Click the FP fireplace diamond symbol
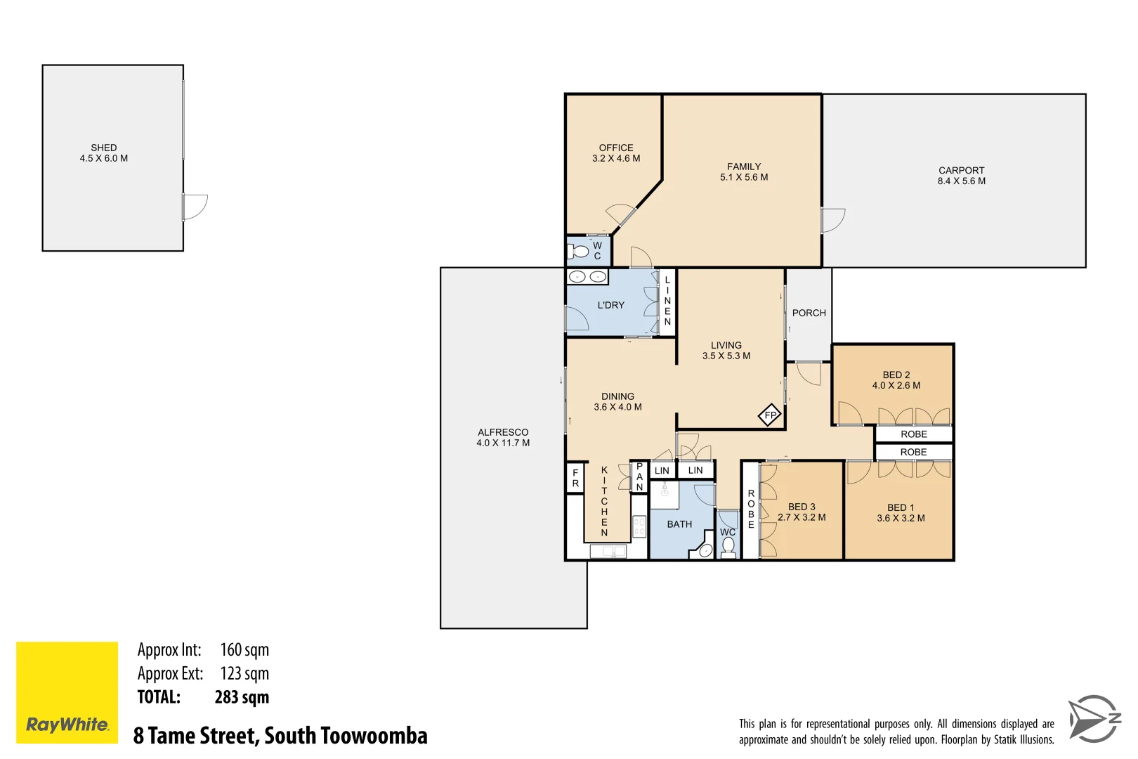pos(770,415)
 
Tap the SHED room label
pos(104,148)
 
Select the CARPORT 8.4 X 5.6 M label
pos(961,176)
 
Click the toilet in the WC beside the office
pos(580,251)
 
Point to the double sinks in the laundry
pos(587,277)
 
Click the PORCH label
pos(809,313)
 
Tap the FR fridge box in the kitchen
pos(575,478)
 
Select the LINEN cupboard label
pos(667,301)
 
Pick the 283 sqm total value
pos(242,697)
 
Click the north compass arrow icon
pos(1093,718)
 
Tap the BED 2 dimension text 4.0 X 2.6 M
pos(896,385)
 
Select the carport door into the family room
pos(833,220)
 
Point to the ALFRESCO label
pos(503,432)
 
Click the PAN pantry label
pos(639,476)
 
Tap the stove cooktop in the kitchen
pos(639,526)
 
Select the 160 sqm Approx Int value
pos(244,650)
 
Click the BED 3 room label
pos(802,507)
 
